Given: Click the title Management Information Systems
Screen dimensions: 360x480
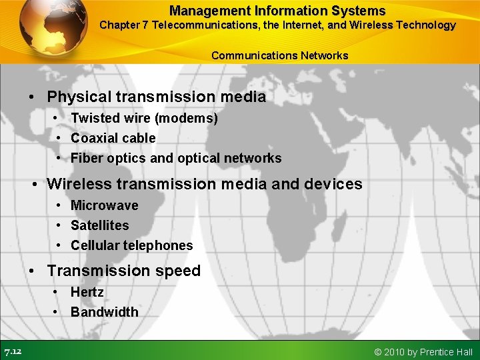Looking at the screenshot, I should [x=277, y=11].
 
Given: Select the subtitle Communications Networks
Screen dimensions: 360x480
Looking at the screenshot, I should [x=279, y=55].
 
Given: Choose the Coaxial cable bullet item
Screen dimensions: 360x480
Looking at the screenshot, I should [x=113, y=138].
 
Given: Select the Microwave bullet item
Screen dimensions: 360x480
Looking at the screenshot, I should [x=104, y=205].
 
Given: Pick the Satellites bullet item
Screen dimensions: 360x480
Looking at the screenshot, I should [x=99, y=225].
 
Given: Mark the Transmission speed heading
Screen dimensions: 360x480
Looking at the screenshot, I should [x=123, y=271].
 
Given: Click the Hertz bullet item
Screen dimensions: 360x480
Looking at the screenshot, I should [x=87, y=292].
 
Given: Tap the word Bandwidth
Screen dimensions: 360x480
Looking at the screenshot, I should [x=104, y=312].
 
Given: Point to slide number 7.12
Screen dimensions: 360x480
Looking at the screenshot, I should [x=13, y=351].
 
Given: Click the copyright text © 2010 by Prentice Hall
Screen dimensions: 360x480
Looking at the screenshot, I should [x=423, y=352].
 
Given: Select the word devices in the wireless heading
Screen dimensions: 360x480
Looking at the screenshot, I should [x=333, y=184].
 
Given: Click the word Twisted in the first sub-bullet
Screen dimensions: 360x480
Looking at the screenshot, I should [x=94, y=118].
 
